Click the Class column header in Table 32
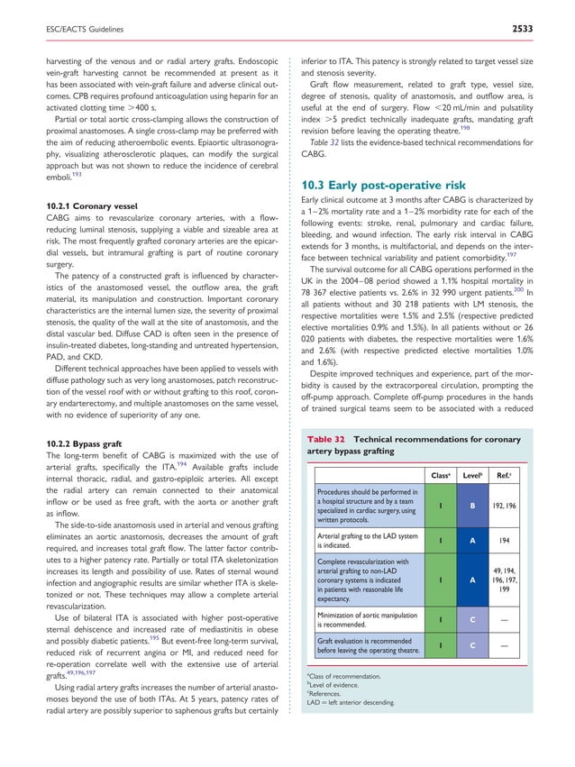(440, 474)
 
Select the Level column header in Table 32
(475, 474)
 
